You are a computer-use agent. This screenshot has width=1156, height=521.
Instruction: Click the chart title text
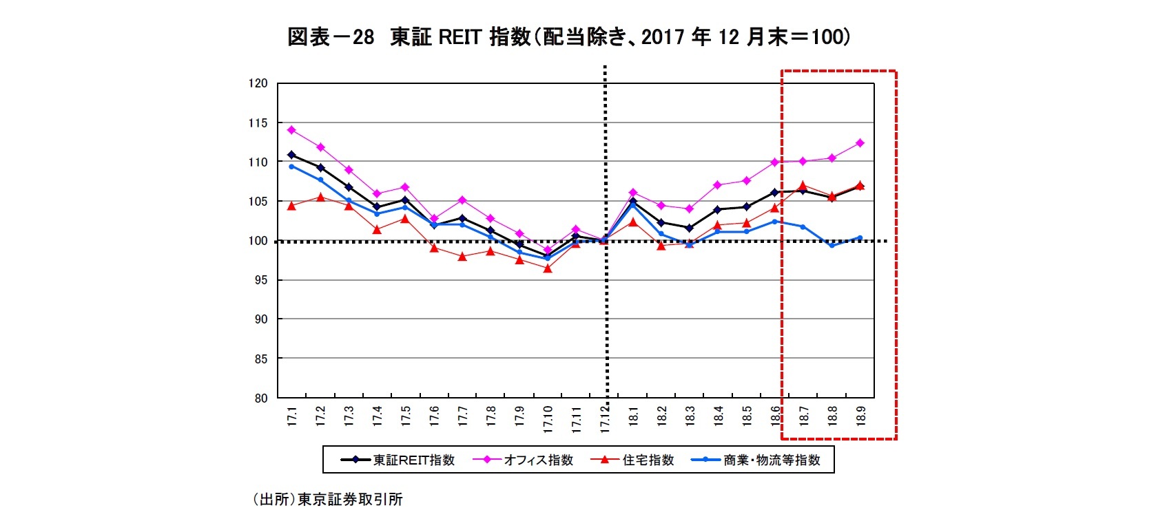(569, 37)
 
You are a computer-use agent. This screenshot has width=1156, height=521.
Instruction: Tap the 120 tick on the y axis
(258, 83)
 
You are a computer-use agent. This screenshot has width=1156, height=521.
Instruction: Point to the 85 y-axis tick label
(260, 359)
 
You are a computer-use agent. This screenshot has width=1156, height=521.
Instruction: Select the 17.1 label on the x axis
(291, 417)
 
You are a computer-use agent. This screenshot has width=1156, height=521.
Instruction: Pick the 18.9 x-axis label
(860, 417)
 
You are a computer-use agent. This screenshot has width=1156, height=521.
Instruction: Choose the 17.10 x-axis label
(548, 419)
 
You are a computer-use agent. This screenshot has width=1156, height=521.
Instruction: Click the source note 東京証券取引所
(329, 500)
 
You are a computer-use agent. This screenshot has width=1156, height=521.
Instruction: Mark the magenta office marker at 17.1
(291, 129)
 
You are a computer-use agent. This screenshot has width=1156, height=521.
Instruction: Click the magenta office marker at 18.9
(860, 143)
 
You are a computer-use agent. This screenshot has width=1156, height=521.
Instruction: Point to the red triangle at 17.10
(548, 268)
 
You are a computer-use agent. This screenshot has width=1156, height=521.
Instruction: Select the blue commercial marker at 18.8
(832, 245)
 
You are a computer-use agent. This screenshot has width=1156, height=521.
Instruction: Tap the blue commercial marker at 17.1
(291, 167)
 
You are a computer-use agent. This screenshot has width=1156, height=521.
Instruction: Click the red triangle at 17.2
(320, 198)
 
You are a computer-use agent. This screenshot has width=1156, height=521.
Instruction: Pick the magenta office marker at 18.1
(633, 193)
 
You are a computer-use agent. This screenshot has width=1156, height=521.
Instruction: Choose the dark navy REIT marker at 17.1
(291, 155)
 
